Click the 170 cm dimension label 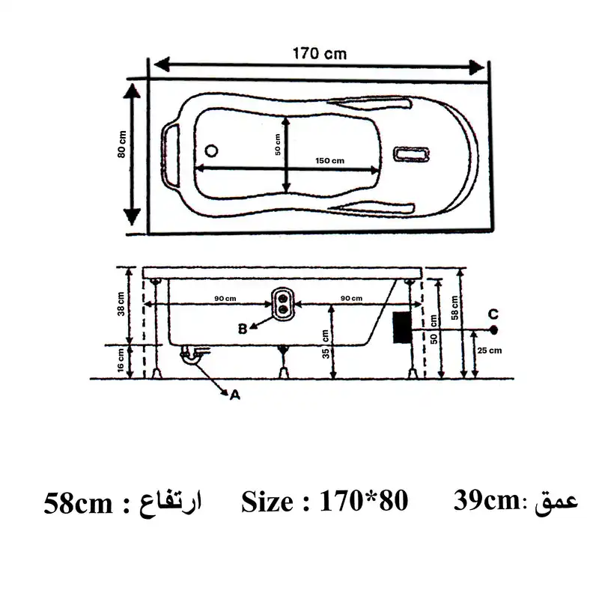coord(319,54)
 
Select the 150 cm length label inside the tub coord(329,161)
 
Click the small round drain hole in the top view coord(210,150)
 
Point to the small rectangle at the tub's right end coord(413,155)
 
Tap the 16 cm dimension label coord(121,362)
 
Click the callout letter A coord(234,397)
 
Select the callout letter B coord(243,328)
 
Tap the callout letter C coord(493,313)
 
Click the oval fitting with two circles coord(284,302)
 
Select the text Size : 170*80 coord(324,502)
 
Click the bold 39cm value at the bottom coord(486,500)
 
